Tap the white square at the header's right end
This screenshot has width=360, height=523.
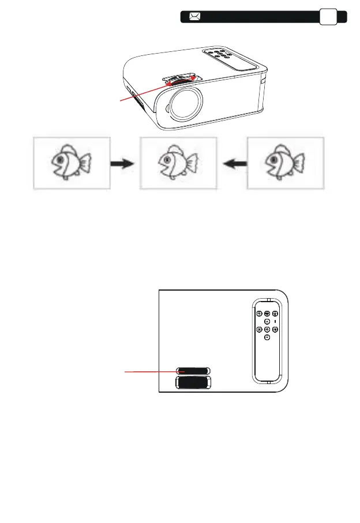pyautogui.click(x=329, y=17)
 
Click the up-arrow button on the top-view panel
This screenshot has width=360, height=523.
pyautogui.click(x=267, y=321)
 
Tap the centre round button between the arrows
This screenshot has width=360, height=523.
pyautogui.click(x=267, y=330)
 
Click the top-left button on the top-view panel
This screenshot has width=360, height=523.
pyautogui.click(x=259, y=314)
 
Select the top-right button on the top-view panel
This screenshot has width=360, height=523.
pyautogui.click(x=275, y=314)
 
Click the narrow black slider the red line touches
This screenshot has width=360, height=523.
pyautogui.click(x=193, y=371)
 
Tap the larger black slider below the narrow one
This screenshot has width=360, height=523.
pyautogui.click(x=193, y=383)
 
